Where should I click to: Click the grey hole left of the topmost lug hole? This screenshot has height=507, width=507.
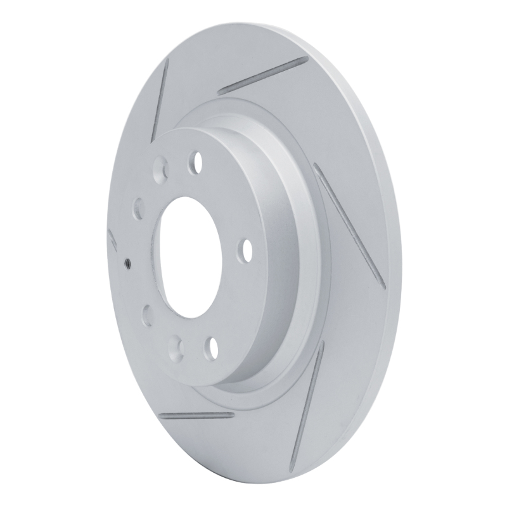pyautogui.click(x=158, y=169)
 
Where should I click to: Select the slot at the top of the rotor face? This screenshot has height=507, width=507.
pyautogui.click(x=262, y=77)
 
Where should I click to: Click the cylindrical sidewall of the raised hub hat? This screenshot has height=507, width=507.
pyautogui.click(x=279, y=253)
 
